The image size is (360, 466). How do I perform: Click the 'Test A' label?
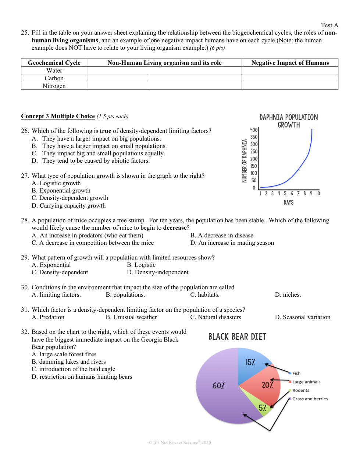coord(329,25)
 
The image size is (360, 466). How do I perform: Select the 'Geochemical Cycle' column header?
coord(54,63)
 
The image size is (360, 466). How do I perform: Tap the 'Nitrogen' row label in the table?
coord(54,86)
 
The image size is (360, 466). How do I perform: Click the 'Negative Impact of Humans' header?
coord(290,63)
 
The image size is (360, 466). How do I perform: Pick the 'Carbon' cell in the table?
coord(54,78)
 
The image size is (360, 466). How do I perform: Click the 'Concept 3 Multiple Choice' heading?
coord(58,116)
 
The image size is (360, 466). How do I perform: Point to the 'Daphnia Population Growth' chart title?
coord(289,121)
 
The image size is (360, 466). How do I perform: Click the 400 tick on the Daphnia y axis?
coord(254,130)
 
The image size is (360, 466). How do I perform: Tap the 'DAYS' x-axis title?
coord(289,202)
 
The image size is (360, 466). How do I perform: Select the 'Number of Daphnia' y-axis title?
coord(244,160)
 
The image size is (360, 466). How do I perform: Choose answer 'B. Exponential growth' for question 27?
coord(61,191)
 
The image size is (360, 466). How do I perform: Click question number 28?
coord(25,220)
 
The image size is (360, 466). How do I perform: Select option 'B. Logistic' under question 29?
coord(141,265)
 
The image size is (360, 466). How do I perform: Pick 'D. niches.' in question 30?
coord(288,295)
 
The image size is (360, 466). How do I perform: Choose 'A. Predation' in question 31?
coord(48,317)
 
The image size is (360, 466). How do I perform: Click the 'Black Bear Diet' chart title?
coord(237,337)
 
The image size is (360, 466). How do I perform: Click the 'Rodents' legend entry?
coord(300,391)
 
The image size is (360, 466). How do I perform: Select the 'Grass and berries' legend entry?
coord(310,399)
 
